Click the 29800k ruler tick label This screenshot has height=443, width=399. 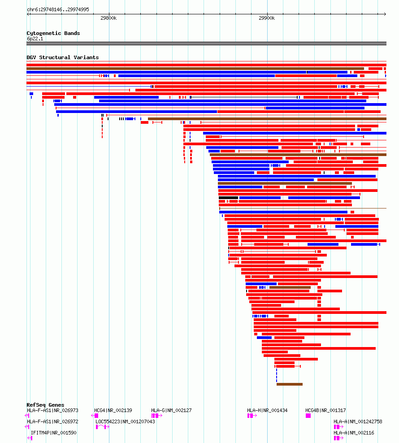pos(108,18)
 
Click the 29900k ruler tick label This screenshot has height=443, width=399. pos(267,18)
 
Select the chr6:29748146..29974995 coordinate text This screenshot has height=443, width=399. pos(58,9)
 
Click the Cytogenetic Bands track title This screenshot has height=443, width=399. pos(53,33)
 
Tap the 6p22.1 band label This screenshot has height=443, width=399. pos(35,39)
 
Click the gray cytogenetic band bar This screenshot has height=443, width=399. pos(206,43)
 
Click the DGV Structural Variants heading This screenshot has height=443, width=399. pos(63,57)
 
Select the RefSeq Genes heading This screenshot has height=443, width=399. pos(45,405)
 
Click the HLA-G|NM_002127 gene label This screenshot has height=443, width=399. pos(171,410)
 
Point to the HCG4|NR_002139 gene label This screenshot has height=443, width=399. pos(113,410)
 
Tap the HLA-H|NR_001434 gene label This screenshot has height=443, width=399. pos(267,410)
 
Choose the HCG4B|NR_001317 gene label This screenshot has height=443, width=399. pos(325,410)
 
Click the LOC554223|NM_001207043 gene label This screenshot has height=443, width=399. pos(125,421)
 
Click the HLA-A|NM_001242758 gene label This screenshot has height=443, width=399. pos(358,421)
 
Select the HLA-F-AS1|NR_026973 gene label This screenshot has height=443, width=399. pos(52,410)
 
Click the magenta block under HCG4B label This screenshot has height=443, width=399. pos(308,416)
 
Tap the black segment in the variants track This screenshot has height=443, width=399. pos(228,198)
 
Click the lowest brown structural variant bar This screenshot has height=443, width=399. pos(290,384)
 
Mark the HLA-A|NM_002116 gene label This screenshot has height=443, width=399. pos(354,433)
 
